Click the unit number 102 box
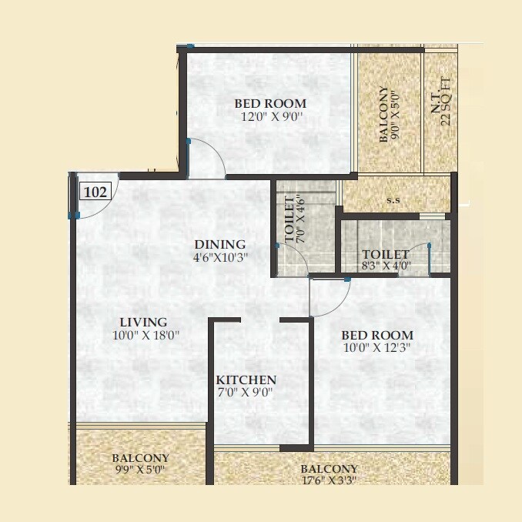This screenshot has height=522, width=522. coord(95,192)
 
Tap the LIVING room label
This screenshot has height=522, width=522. coord(143,322)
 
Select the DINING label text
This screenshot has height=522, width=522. coord(219,245)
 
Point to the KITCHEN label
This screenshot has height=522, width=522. coord(246,380)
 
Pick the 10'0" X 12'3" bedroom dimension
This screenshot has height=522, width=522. coord(377,349)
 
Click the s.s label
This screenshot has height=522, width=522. coord(393,201)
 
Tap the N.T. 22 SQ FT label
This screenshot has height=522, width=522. coord(440,108)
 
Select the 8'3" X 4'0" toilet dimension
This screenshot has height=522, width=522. coord(386,267)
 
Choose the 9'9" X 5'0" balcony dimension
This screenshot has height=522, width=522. coord(140,468)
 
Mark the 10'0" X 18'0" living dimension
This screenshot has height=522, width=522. coord(143,335)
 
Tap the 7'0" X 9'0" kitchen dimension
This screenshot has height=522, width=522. coord(246,393)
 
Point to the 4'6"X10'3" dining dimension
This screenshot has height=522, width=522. coord(219,257)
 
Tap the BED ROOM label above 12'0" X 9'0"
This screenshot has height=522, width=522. coord(270,104)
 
